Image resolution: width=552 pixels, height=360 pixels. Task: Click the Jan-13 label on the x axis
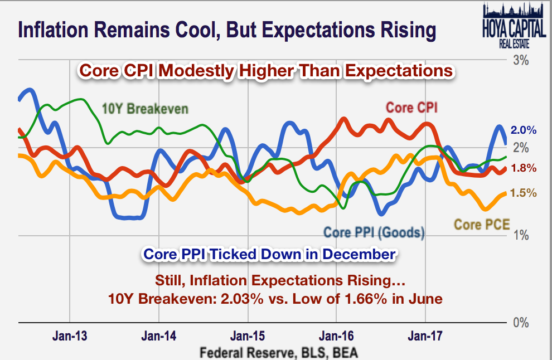(x=70, y=336)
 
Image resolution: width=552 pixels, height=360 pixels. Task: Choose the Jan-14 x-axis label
(x=159, y=336)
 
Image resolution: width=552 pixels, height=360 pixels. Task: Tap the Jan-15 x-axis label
(x=248, y=336)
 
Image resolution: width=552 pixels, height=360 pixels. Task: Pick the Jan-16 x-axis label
(x=336, y=336)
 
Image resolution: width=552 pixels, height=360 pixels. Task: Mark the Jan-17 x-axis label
(x=425, y=336)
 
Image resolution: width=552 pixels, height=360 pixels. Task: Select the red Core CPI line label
(x=411, y=108)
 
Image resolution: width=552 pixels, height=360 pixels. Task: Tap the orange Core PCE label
(x=481, y=225)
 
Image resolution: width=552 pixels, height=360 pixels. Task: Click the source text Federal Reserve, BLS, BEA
(x=279, y=352)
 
